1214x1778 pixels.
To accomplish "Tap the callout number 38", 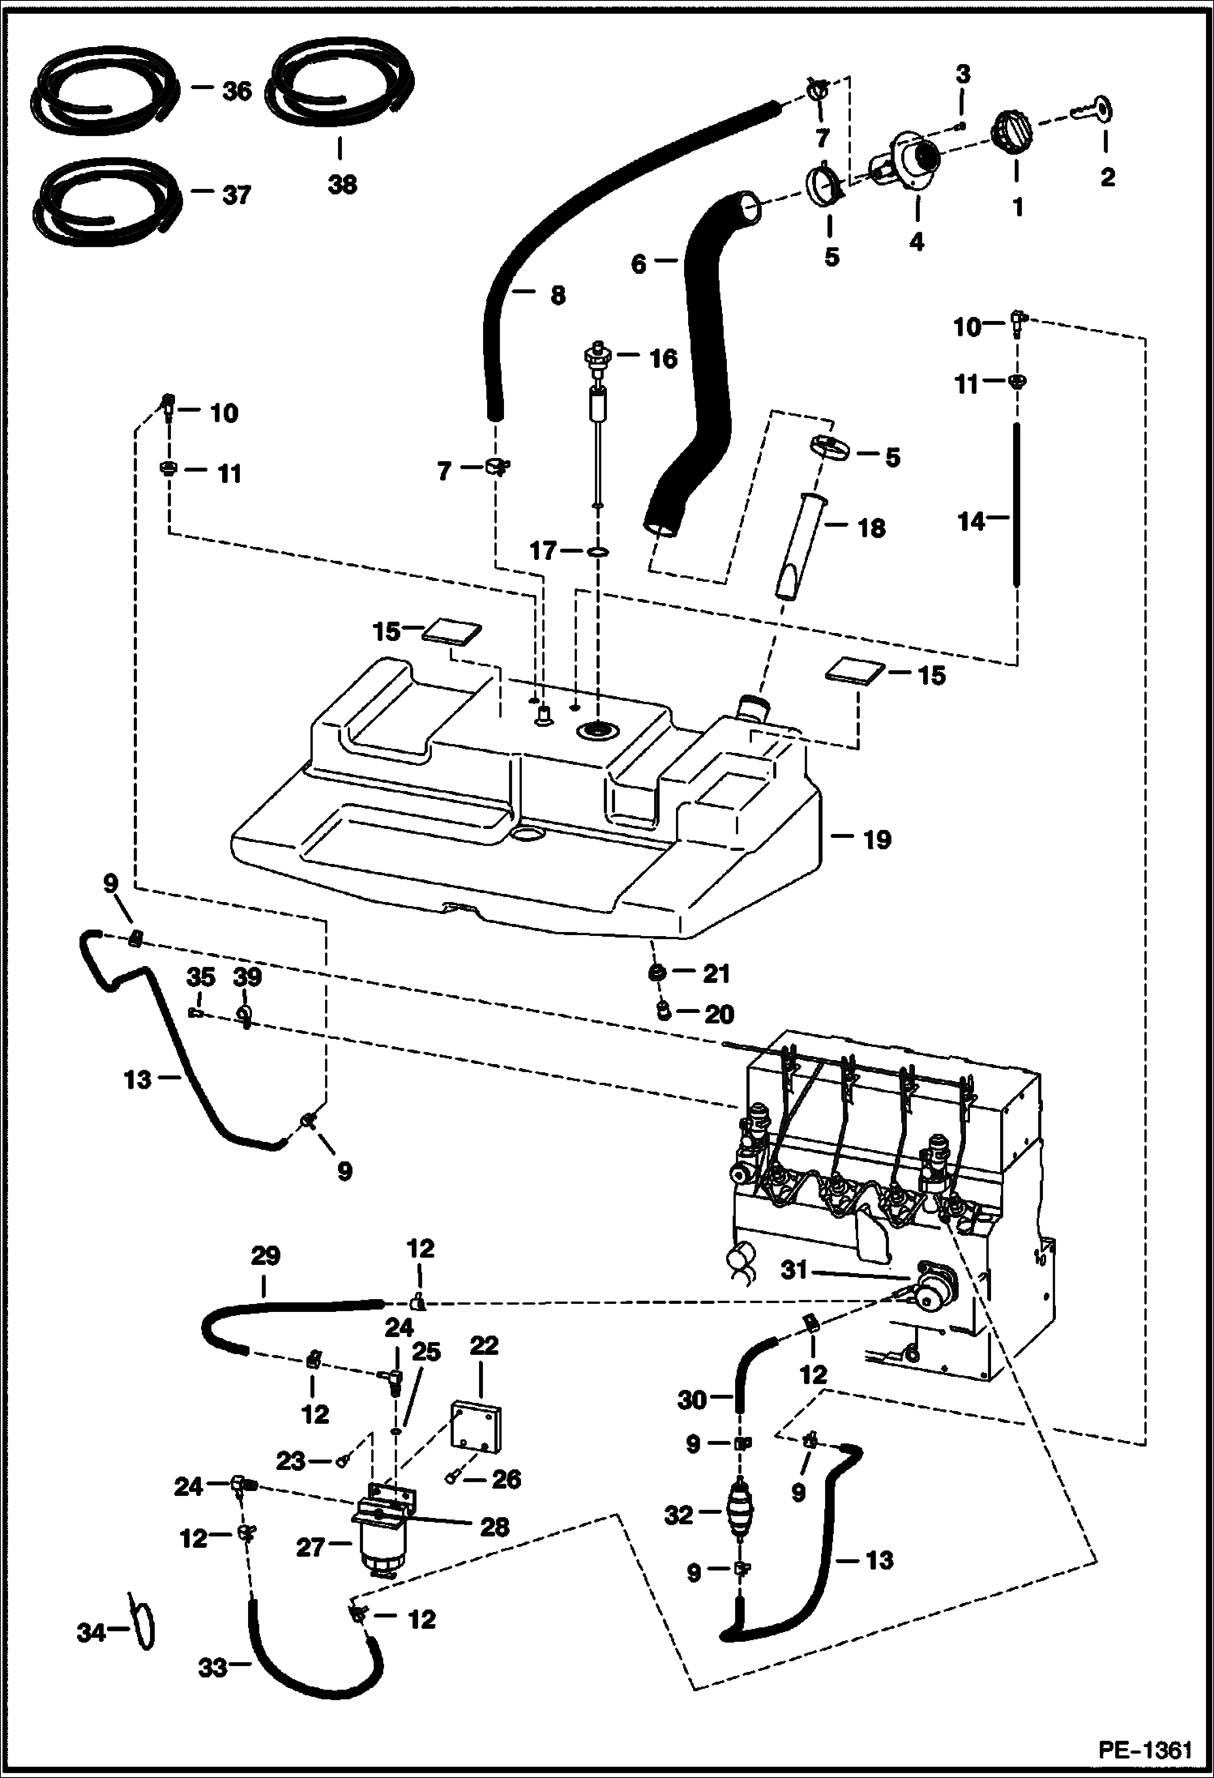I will pos(341,185).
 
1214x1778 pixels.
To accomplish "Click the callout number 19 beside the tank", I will pos(876,839).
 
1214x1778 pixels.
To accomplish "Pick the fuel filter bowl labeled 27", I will pos(376,1549).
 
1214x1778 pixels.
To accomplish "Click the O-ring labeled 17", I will pos(598,552).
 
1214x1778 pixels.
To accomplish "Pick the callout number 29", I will pos(265,1256).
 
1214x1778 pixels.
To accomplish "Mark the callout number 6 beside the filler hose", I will pos(639,264).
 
